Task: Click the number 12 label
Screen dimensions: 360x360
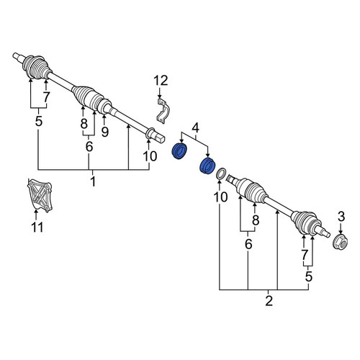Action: tap(161, 81)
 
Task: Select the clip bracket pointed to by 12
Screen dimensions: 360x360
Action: tap(163, 110)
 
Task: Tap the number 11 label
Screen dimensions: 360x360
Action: tap(37, 227)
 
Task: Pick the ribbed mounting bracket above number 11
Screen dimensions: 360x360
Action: tap(40, 195)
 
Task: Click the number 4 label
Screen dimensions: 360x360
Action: tap(196, 128)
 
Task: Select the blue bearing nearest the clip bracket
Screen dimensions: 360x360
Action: tap(180, 150)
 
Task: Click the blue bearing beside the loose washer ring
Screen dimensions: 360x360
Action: tap(207, 166)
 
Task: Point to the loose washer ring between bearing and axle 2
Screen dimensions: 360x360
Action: tap(221, 174)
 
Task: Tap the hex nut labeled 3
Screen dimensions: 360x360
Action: tap(341, 242)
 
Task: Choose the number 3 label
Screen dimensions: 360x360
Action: tap(341, 217)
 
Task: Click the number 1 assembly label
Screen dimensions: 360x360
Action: tap(93, 181)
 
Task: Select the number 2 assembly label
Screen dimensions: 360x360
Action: tap(269, 301)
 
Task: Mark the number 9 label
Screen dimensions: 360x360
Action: tap(105, 132)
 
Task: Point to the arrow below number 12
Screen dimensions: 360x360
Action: tap(160, 93)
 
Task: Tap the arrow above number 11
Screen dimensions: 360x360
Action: tap(36, 215)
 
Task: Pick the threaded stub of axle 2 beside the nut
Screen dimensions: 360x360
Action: tap(325, 233)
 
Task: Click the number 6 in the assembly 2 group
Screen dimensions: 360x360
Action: tap(248, 244)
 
